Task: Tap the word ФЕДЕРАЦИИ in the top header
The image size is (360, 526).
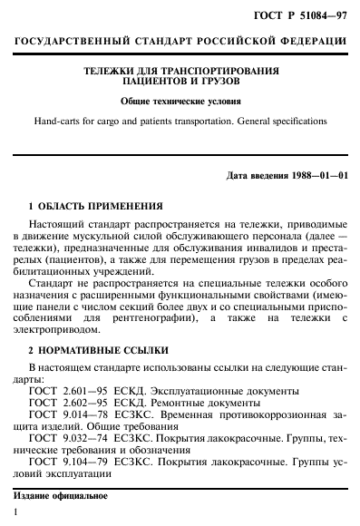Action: coord(305,43)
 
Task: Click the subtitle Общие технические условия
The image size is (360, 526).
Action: coord(180,101)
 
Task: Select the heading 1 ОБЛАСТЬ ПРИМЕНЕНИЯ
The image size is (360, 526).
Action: coord(95,205)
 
